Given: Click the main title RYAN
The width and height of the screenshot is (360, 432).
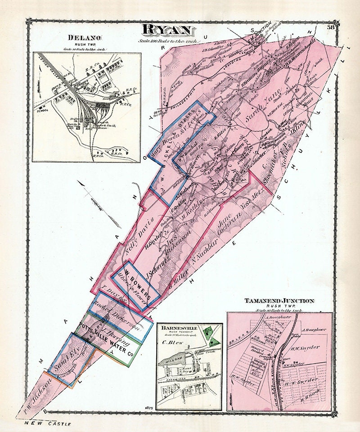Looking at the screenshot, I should [169, 30].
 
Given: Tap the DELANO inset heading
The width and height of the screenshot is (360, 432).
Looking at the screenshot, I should [85, 38].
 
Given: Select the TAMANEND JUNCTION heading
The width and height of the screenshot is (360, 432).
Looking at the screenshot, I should [279, 301].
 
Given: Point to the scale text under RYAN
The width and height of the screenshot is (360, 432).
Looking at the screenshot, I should [169, 41].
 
